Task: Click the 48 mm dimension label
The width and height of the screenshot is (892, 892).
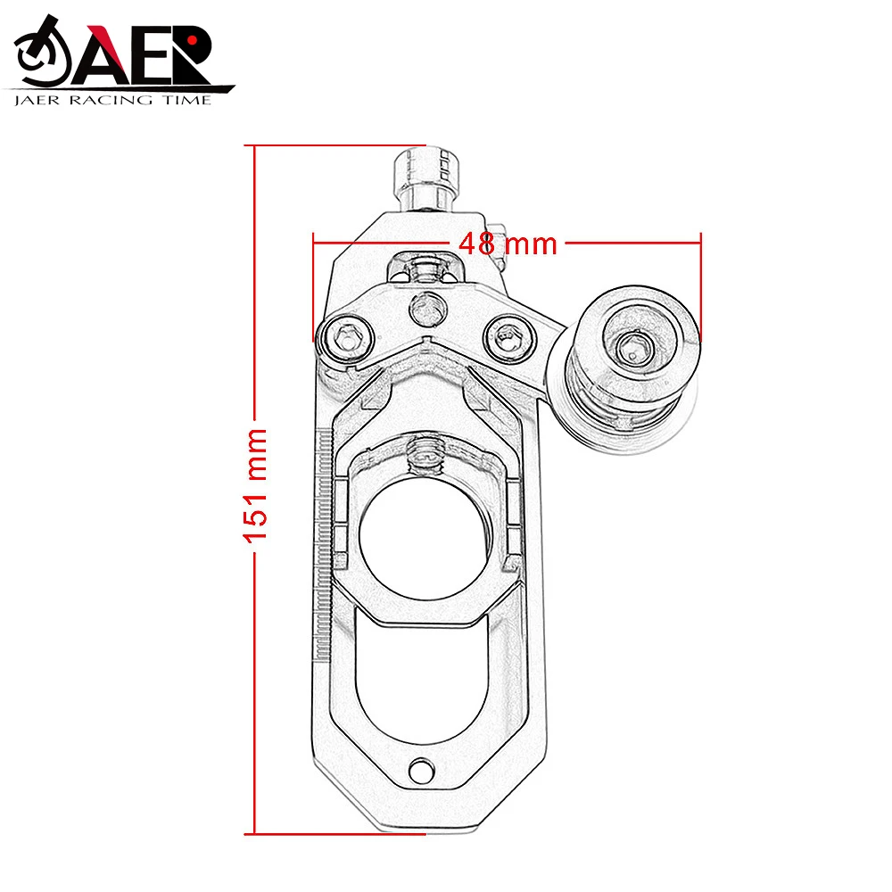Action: click(x=507, y=242)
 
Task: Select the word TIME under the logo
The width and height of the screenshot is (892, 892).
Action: click(x=188, y=100)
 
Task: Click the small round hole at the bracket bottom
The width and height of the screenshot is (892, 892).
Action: click(x=420, y=769)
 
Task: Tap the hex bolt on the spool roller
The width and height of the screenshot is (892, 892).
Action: click(x=634, y=345)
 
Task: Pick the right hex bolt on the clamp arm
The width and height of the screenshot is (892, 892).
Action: click(x=506, y=336)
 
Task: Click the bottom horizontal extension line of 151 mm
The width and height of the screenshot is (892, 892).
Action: click(x=339, y=834)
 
